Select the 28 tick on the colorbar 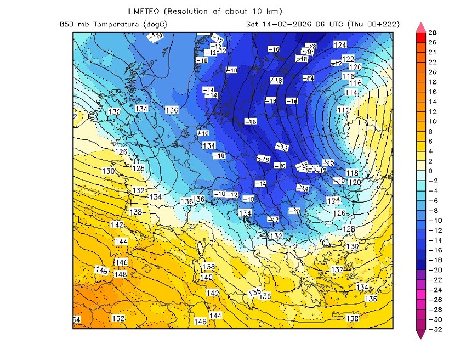click(432, 33)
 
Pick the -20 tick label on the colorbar click(434, 270)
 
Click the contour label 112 click(343, 110)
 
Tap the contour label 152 click(118, 318)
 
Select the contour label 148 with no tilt click(121, 274)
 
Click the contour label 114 click(351, 93)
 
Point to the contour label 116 click(355, 83)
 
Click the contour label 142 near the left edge click(117, 225)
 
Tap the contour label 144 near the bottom click(215, 316)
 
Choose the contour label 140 click(206, 277)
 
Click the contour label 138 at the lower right click(352, 318)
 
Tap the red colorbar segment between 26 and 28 click(421, 38)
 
